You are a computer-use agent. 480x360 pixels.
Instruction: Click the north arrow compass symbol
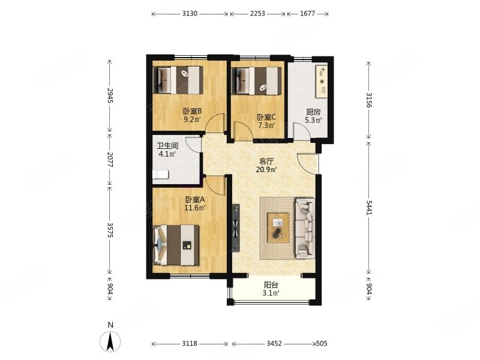point(110,341)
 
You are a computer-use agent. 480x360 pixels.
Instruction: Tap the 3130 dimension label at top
point(190,14)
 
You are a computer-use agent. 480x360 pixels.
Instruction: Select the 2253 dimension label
point(257,14)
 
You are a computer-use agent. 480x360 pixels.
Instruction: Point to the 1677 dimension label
point(307,14)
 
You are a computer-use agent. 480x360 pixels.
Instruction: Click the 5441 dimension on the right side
point(369,208)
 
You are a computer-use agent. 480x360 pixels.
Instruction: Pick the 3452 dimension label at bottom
point(274,343)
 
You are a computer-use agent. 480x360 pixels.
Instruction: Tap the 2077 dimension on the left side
point(110,160)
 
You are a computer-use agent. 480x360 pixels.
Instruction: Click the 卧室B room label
point(192,111)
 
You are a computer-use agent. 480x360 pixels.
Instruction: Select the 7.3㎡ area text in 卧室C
point(266,125)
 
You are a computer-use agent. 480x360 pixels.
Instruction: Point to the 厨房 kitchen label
point(313,112)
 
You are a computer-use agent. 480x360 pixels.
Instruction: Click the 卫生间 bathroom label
point(168,146)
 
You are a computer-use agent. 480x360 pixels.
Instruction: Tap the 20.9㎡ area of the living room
point(266,169)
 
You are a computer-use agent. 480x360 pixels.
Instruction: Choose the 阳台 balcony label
point(271,285)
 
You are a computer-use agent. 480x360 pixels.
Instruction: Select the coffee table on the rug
point(278,228)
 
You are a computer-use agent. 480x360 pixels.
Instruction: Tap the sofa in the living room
point(305,228)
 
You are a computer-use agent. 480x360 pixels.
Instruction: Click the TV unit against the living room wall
point(235,228)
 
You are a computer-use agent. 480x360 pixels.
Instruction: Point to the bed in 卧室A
point(176,245)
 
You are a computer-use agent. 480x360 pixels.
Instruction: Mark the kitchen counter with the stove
point(322,81)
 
